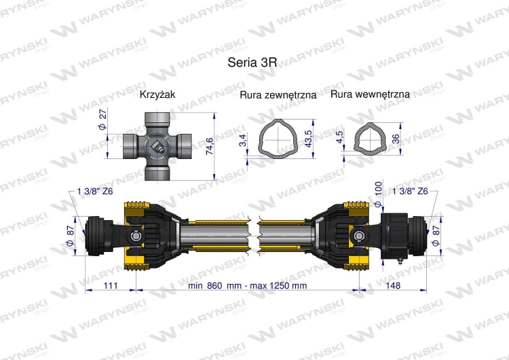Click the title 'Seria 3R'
pyautogui.click(x=252, y=62)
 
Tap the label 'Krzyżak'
pyautogui.click(x=157, y=94)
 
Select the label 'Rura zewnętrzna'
pyautogui.click(x=278, y=95)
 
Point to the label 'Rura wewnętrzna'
pyautogui.click(x=370, y=94)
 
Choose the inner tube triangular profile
pyautogui.click(x=370, y=138)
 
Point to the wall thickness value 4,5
pyautogui.click(x=339, y=138)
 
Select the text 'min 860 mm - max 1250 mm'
pyautogui.click(x=248, y=286)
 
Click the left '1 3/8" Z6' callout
pyautogui.click(x=94, y=192)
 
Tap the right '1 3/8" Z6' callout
pyautogui.click(x=410, y=192)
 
